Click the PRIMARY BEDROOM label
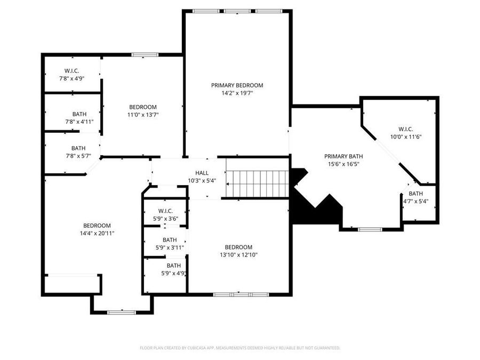(237, 85)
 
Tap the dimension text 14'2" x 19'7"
(237, 93)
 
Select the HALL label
(202, 173)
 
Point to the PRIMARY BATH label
(343, 156)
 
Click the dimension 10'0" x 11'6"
(406, 137)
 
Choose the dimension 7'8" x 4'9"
(71, 78)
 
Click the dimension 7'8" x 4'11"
(79, 122)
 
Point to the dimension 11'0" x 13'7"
(142, 114)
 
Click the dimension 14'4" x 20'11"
(97, 233)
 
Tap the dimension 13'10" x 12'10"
(238, 254)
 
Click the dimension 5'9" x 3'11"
(170, 247)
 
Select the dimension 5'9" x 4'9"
(173, 273)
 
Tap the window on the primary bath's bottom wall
(370, 229)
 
